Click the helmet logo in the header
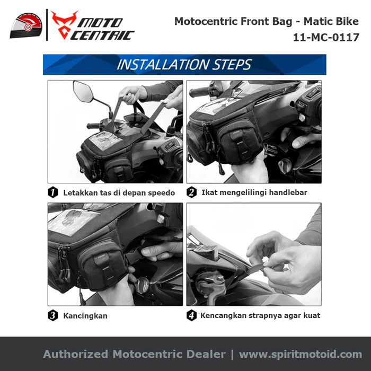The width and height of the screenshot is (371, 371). tap(26, 26)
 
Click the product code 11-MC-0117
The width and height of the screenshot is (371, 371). tap(326, 38)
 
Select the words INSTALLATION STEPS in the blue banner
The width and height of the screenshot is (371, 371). tap(184, 65)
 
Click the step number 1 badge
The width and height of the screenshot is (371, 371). tap(53, 192)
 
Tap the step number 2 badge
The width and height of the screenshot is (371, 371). tap(191, 192)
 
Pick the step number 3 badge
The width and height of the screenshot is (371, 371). tap(53, 315)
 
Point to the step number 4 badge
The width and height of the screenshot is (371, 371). tap(191, 315)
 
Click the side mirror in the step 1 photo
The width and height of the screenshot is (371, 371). tap(83, 91)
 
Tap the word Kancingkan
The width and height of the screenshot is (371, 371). tap(85, 316)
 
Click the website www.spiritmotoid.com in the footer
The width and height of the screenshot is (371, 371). tap(301, 355)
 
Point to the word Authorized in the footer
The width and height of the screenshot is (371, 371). tap(76, 354)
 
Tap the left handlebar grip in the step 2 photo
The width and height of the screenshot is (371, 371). tap(199, 92)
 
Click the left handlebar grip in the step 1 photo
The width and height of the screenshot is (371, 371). tap(93, 126)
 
